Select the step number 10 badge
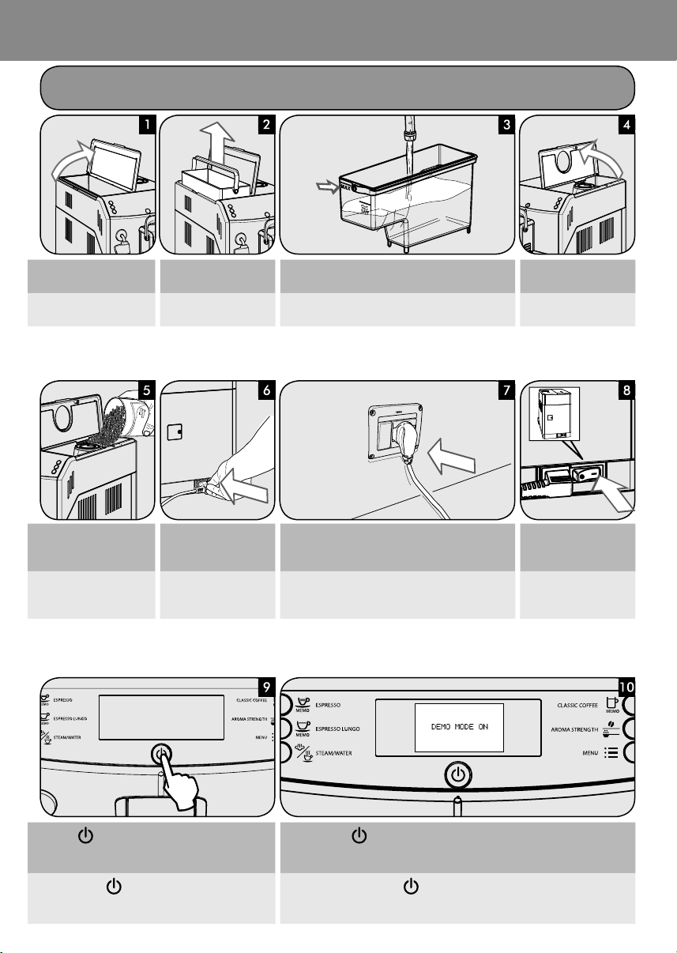[x=625, y=687]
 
